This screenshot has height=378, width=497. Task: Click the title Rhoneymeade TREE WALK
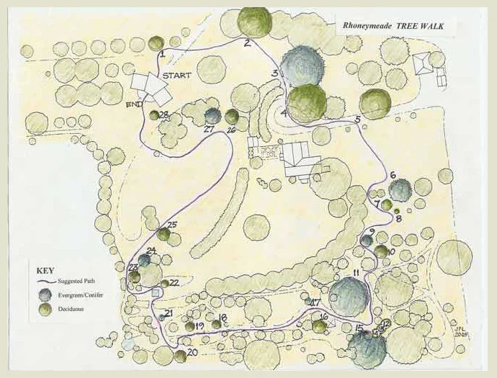click(x=393, y=27)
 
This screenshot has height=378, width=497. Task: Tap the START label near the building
click(x=176, y=76)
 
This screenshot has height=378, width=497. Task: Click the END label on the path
click(x=133, y=105)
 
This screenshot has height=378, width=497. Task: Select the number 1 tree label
click(x=163, y=53)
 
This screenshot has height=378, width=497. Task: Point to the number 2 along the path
click(x=247, y=43)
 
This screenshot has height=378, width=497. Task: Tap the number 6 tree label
click(x=393, y=175)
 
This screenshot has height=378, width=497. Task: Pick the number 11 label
click(x=356, y=271)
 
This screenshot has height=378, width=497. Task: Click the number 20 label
click(x=192, y=353)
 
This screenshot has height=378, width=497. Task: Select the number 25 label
click(x=172, y=225)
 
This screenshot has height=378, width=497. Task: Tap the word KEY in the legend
click(x=45, y=271)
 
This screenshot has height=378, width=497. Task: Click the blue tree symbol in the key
click(x=47, y=294)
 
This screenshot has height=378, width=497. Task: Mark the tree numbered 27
click(x=212, y=115)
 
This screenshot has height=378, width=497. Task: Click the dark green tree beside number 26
click(x=231, y=116)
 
